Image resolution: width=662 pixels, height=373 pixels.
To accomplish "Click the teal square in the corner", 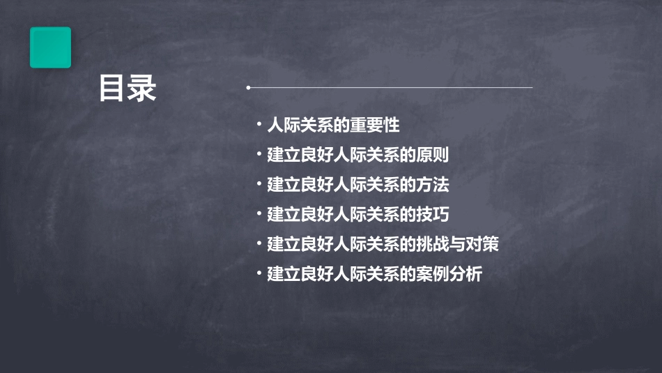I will pyautogui.click(x=50, y=47).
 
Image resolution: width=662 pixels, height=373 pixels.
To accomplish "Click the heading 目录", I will pyautogui.click(x=128, y=89).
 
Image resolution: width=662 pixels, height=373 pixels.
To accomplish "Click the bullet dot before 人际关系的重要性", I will pyautogui.click(x=259, y=125).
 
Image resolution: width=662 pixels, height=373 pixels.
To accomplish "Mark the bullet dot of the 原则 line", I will pyautogui.click(x=259, y=154).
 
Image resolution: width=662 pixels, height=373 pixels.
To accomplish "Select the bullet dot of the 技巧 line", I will pyautogui.click(x=259, y=213).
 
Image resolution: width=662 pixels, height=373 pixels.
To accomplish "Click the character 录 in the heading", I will pyautogui.click(x=142, y=89).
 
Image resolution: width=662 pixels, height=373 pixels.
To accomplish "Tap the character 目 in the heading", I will pyautogui.click(x=112, y=89).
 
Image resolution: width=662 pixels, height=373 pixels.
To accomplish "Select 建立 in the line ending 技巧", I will pyautogui.click(x=284, y=215).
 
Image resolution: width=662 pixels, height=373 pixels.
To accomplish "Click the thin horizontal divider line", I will pyautogui.click(x=390, y=88).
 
